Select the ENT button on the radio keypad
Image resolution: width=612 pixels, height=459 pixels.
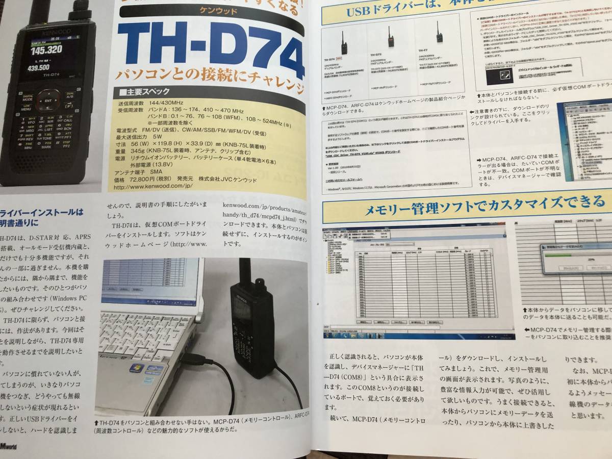pyautogui.click(x=47, y=101)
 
